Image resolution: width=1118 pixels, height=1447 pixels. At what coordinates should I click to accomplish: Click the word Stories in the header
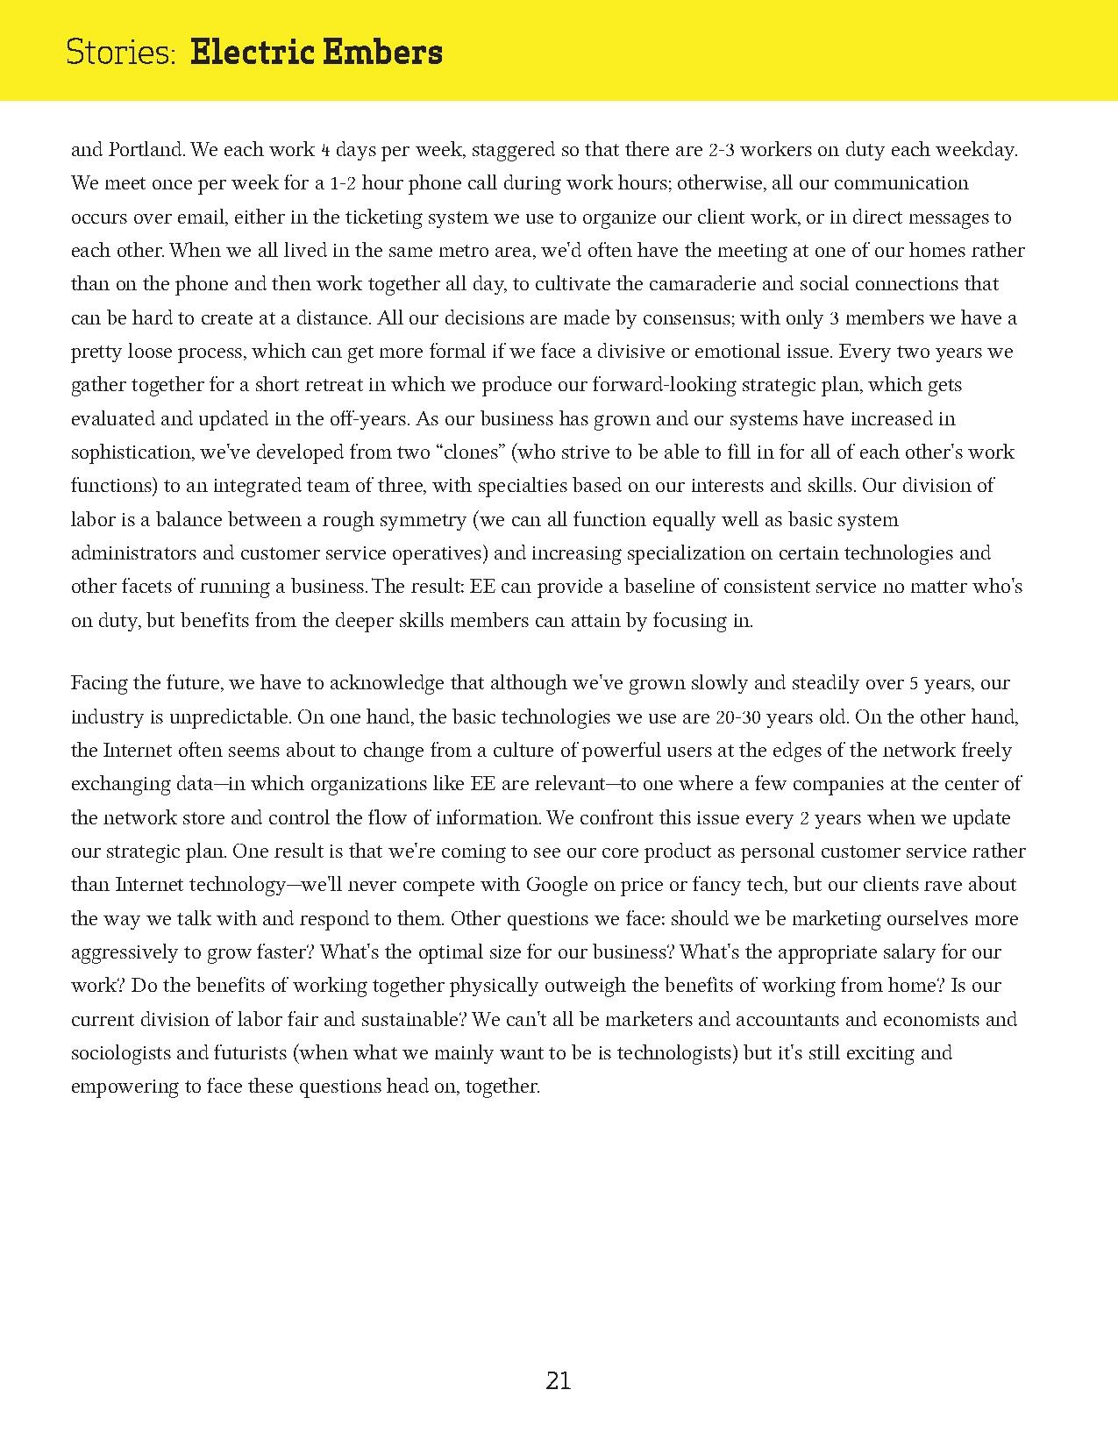[121, 53]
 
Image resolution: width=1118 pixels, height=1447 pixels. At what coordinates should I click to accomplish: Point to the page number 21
[559, 1381]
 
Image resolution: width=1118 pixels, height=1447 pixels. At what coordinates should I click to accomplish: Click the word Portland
[146, 150]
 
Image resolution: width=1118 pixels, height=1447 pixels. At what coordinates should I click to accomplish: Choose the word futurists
[244, 1053]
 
